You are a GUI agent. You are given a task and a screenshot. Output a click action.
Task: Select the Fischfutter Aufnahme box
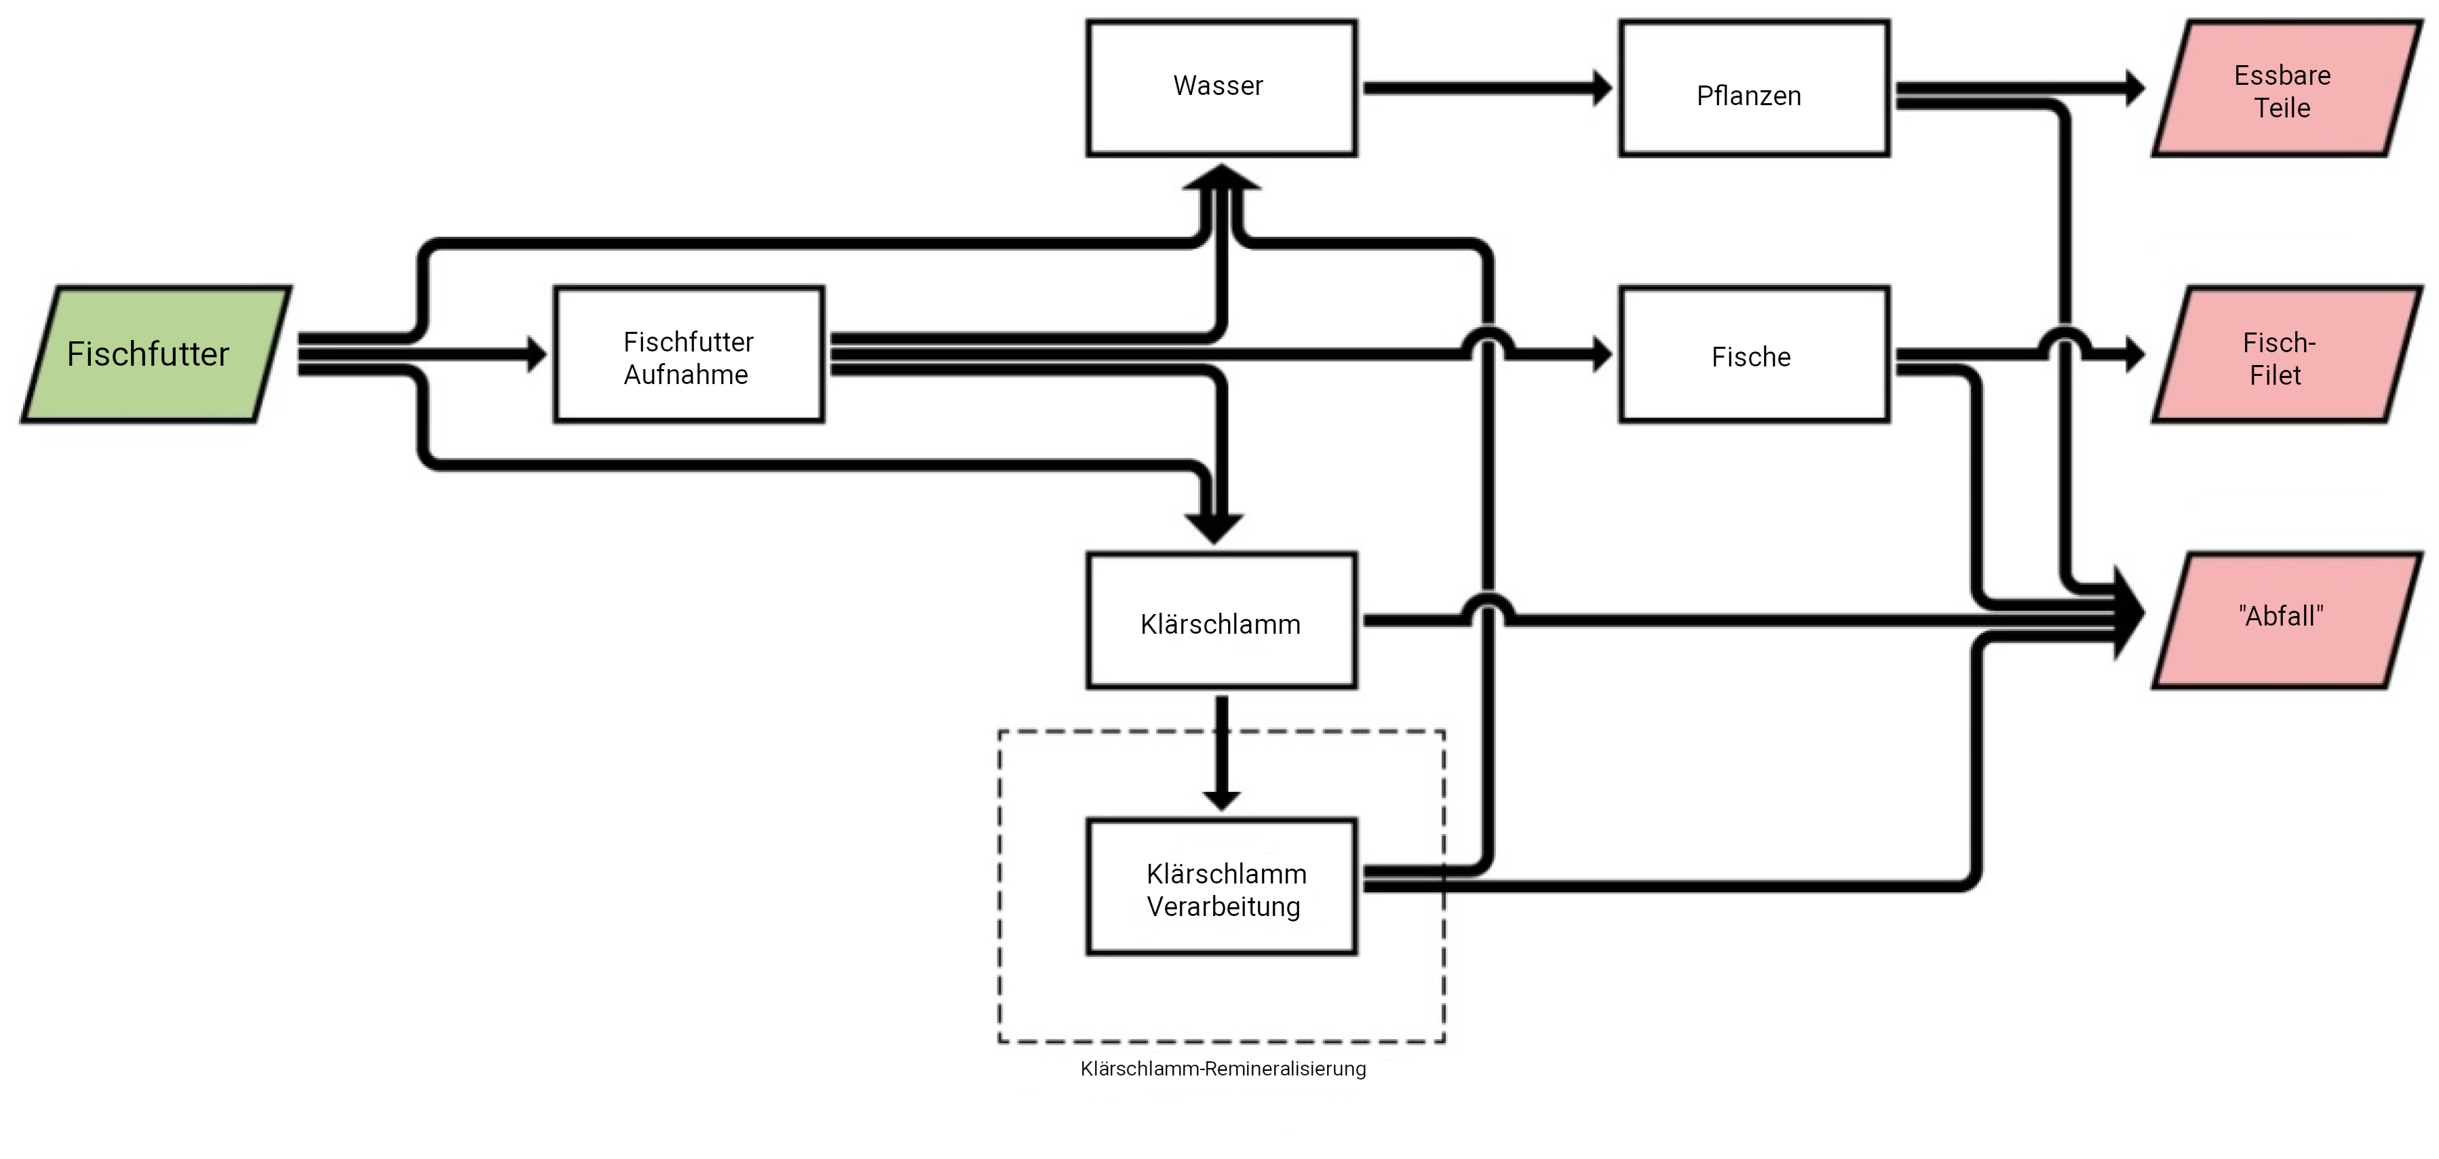coord(689,355)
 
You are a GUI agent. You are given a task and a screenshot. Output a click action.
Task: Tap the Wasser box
coord(1221,88)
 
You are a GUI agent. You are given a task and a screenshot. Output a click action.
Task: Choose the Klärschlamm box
coord(1221,621)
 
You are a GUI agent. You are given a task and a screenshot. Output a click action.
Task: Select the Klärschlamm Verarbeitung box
coord(1221,888)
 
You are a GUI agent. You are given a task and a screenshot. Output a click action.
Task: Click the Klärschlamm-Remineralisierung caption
coord(1223,1069)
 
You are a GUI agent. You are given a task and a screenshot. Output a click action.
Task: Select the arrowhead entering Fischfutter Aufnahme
coord(537,354)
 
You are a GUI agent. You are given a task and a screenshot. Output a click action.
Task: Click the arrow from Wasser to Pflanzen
coord(1486,88)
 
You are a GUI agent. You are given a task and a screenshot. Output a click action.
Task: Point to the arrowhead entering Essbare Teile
coord(2134,88)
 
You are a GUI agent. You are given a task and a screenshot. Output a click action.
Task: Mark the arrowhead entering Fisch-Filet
coord(2134,355)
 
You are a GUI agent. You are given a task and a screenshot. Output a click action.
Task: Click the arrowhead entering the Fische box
coord(1602,355)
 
